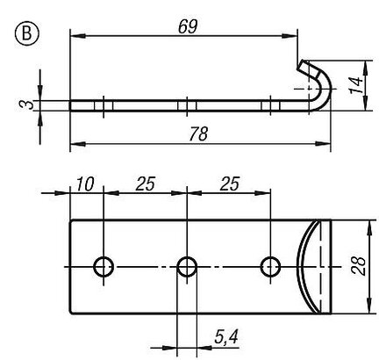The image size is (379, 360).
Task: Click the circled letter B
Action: (x=26, y=33)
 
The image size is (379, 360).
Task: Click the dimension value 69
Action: (x=188, y=26)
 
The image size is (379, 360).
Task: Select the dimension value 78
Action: (x=198, y=133)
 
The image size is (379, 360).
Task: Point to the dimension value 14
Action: (x=356, y=85)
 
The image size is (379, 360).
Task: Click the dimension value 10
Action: (x=85, y=184)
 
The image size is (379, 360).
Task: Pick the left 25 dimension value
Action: (x=146, y=184)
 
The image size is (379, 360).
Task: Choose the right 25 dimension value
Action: (x=230, y=184)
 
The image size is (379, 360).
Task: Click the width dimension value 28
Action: (x=358, y=266)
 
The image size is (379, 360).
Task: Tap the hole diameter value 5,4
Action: (x=226, y=336)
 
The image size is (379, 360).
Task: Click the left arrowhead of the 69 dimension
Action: (x=78, y=36)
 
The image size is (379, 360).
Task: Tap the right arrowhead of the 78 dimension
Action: (x=323, y=144)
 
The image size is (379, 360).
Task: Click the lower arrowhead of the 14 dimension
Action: (x=365, y=103)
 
